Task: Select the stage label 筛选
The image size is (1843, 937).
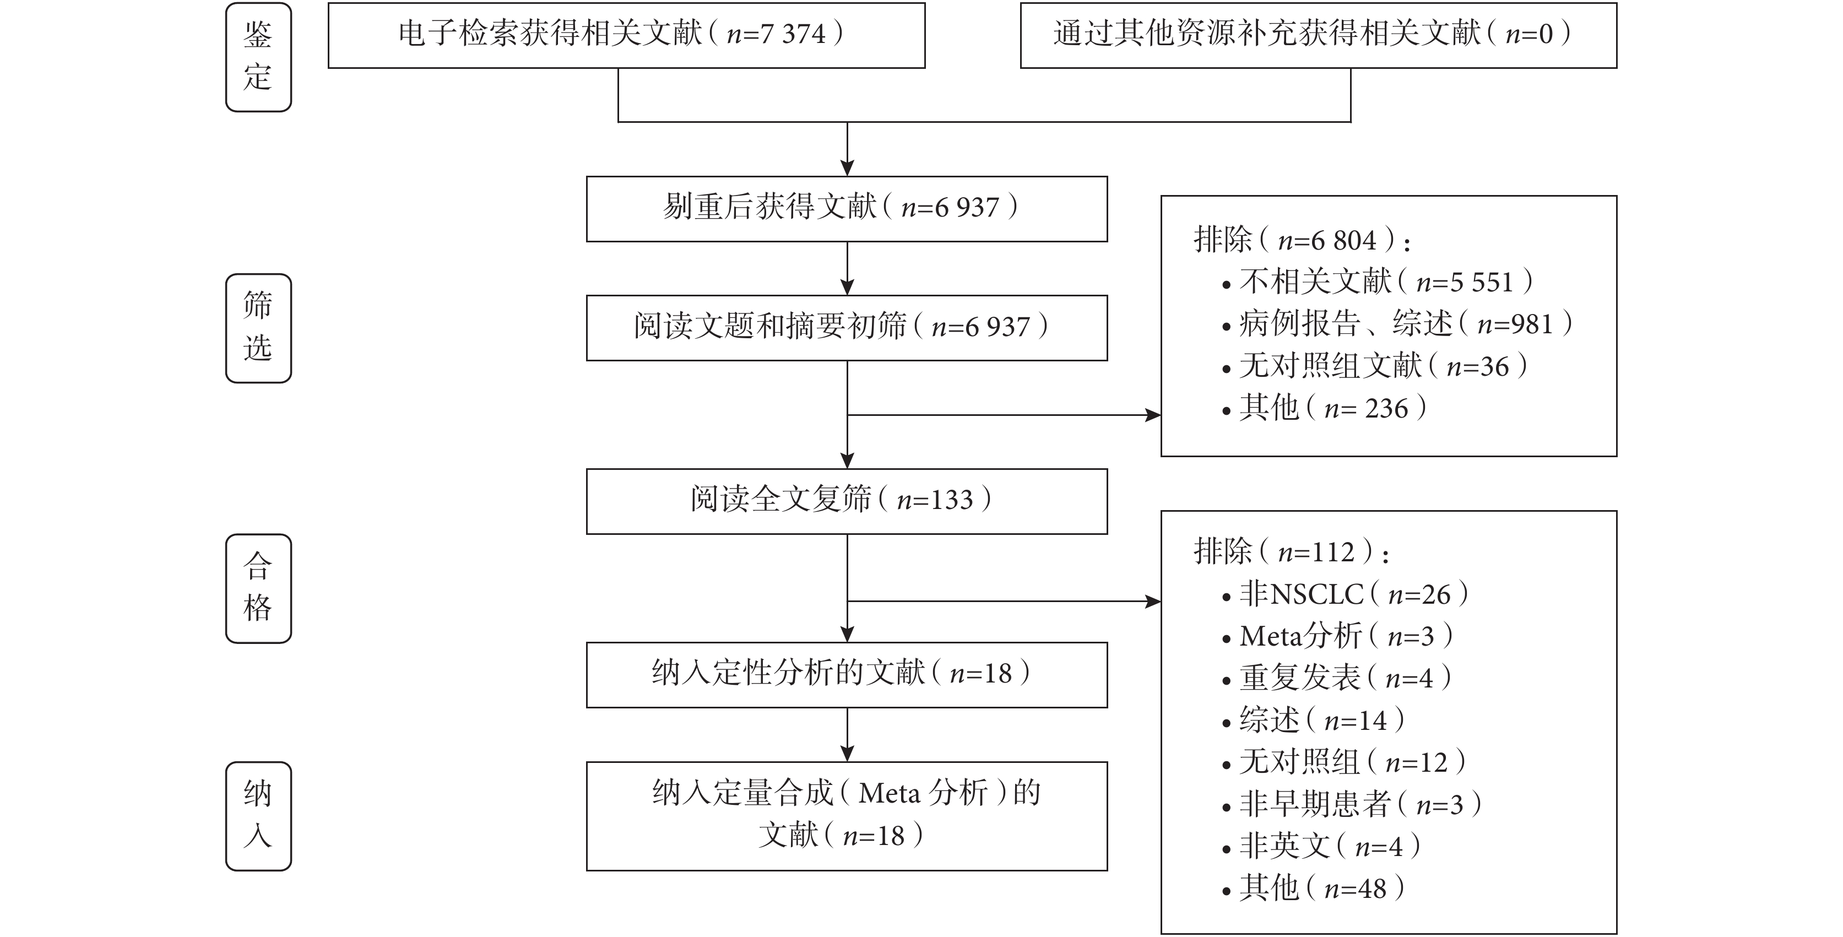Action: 258,328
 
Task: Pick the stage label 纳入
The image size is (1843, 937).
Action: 258,816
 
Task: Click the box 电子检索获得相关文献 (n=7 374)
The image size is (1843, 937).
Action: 627,36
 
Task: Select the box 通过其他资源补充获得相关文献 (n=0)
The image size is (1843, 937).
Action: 1319,36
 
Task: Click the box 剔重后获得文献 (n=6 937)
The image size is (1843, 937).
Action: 847,209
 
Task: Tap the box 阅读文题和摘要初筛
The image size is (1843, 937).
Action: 847,328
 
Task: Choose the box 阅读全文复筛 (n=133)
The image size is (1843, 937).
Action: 847,501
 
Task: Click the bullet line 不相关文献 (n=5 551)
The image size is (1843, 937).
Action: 1377,282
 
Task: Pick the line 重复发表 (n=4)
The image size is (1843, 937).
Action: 1336,678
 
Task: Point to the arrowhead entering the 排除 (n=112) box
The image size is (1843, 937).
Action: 1153,602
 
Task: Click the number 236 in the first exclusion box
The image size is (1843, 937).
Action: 1386,408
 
